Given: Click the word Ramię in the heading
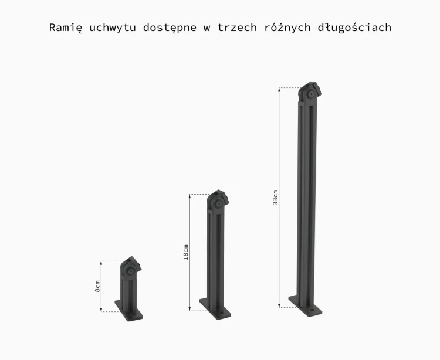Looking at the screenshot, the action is [x=66, y=28].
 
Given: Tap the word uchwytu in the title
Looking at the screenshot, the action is [x=113, y=28].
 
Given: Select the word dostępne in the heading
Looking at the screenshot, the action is [x=170, y=28].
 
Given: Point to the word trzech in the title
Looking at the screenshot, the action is [x=237, y=28].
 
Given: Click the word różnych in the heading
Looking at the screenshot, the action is [x=287, y=28].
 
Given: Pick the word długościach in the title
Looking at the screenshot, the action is [x=354, y=28].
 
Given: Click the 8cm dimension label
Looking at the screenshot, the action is [x=97, y=286].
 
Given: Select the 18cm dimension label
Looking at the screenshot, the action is [x=186, y=252].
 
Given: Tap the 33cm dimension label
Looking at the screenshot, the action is [x=275, y=198].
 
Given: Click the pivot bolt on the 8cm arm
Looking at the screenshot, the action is [x=131, y=271].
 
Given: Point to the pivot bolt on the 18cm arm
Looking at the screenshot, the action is [x=218, y=205].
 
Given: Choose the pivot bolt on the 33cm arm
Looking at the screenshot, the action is [x=310, y=94].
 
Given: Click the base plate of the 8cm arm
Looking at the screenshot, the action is [x=129, y=311].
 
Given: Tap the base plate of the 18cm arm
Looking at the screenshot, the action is [x=215, y=308].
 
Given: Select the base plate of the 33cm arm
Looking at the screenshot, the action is [x=305, y=306].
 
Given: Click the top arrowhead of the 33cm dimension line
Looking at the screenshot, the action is [x=279, y=90].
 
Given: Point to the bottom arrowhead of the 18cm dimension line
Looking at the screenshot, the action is [x=190, y=308].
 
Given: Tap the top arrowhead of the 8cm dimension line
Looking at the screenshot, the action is [x=101, y=263].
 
